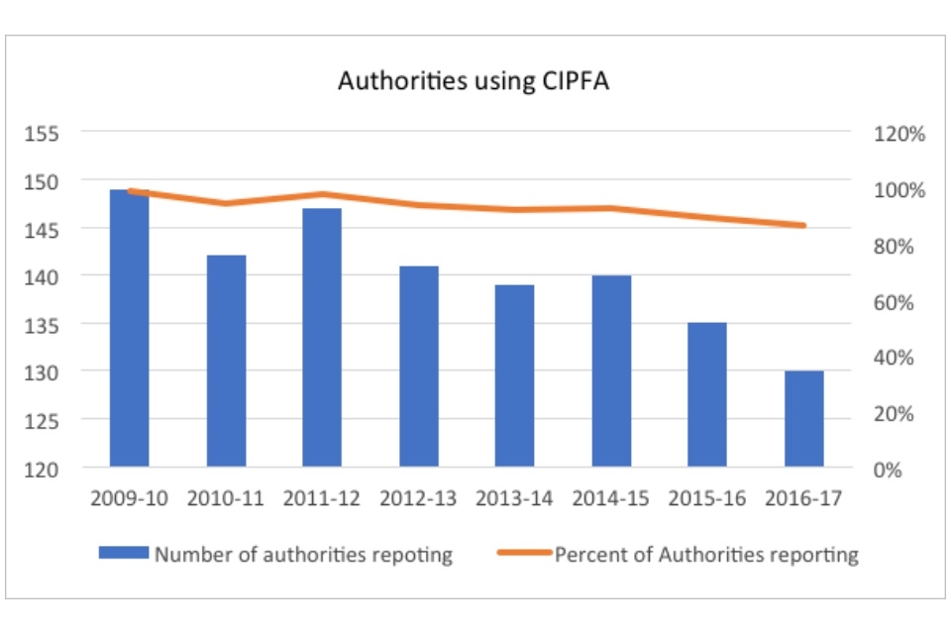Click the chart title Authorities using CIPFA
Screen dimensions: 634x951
click(x=474, y=81)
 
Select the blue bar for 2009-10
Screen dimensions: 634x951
click(x=130, y=327)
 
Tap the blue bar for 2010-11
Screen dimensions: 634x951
click(x=226, y=361)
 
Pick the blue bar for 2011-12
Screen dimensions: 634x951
click(x=322, y=337)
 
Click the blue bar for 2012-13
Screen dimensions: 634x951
click(x=418, y=366)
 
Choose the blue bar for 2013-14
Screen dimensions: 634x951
click(x=514, y=375)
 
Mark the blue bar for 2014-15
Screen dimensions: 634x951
click(x=611, y=370)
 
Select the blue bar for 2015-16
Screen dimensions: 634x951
click(x=707, y=394)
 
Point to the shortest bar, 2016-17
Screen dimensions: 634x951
click(x=803, y=418)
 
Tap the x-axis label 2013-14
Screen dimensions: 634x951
click(x=514, y=498)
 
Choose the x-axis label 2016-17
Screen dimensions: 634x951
click(x=803, y=498)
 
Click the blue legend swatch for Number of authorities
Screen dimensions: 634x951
click(x=123, y=553)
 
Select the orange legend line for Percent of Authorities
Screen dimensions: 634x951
click(x=523, y=553)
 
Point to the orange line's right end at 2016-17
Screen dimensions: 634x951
click(x=803, y=226)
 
